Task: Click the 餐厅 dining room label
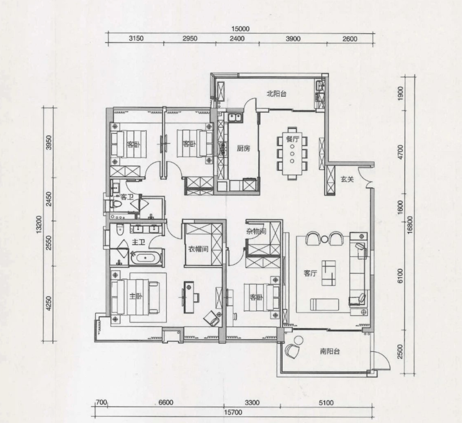(x=292, y=139)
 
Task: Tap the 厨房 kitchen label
(x=243, y=148)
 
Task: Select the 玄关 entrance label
(x=347, y=179)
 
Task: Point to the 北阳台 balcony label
(x=276, y=94)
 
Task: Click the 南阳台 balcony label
(x=330, y=351)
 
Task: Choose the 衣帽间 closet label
(x=198, y=249)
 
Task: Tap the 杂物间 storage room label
(x=256, y=231)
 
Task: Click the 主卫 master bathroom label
(x=139, y=243)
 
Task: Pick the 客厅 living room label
(x=310, y=273)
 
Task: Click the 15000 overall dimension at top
(x=240, y=29)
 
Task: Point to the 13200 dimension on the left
(x=39, y=225)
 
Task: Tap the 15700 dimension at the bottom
(x=233, y=412)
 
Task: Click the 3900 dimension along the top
(x=293, y=39)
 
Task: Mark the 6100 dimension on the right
(x=400, y=276)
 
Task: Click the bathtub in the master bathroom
(x=145, y=258)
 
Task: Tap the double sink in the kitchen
(x=235, y=117)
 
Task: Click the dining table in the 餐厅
(x=292, y=153)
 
